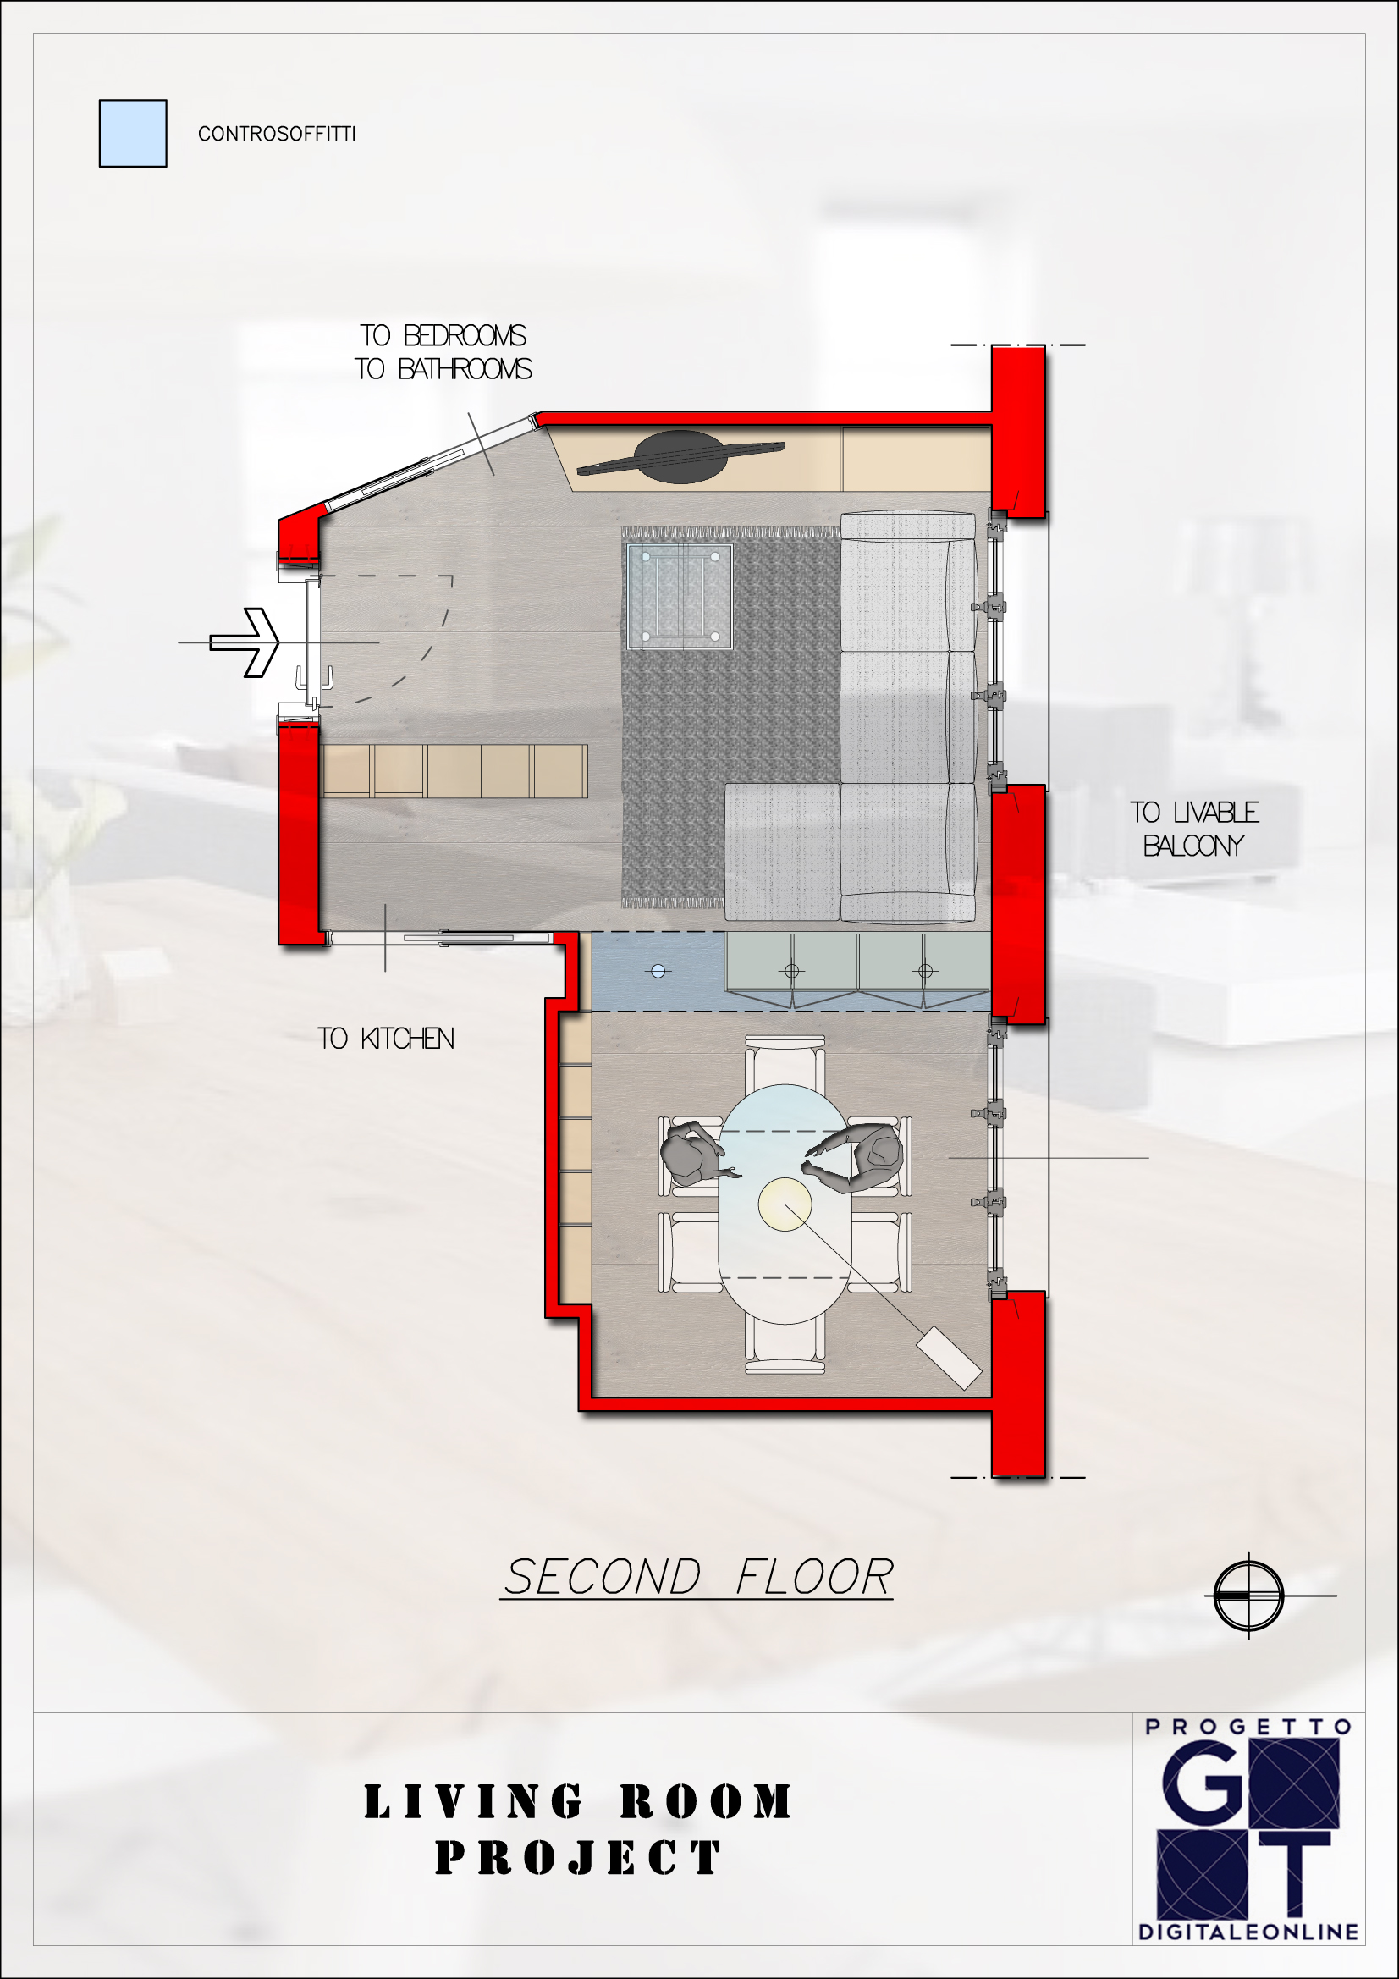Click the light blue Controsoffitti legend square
click(133, 134)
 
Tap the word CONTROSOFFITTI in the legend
click(277, 134)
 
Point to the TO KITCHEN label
click(385, 1039)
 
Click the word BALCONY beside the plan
click(1194, 846)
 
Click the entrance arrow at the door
click(245, 642)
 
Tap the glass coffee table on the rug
click(680, 597)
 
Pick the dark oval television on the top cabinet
click(680, 457)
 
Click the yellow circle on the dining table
click(785, 1204)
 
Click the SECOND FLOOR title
click(698, 1577)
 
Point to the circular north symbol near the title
click(1248, 1596)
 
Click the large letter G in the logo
click(1203, 1783)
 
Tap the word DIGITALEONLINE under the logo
click(1248, 1932)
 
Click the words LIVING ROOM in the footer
click(577, 1802)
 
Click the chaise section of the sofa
click(782, 852)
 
